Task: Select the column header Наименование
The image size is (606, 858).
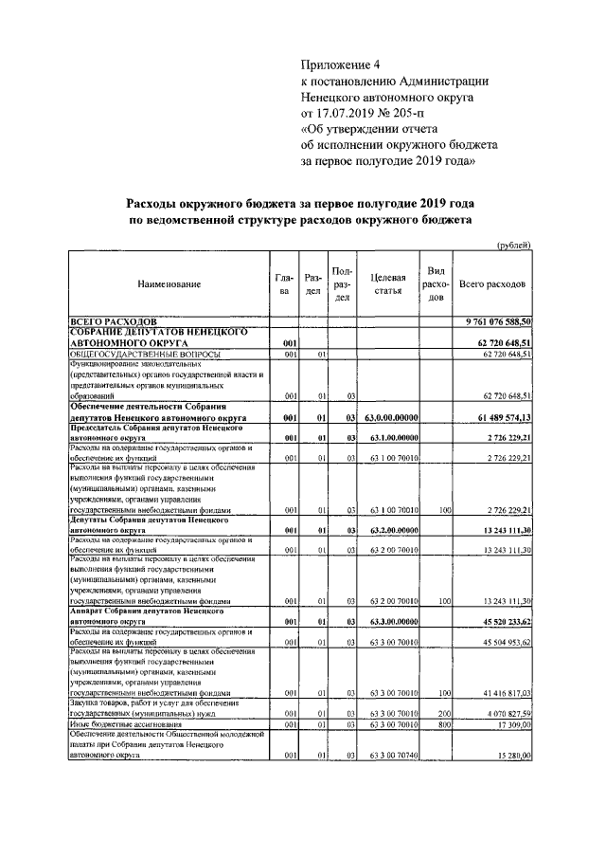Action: [x=169, y=284]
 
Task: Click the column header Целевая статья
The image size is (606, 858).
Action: [x=388, y=284]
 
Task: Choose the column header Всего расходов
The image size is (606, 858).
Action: [x=493, y=284]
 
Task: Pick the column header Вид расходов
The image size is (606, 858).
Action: [x=437, y=284]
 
